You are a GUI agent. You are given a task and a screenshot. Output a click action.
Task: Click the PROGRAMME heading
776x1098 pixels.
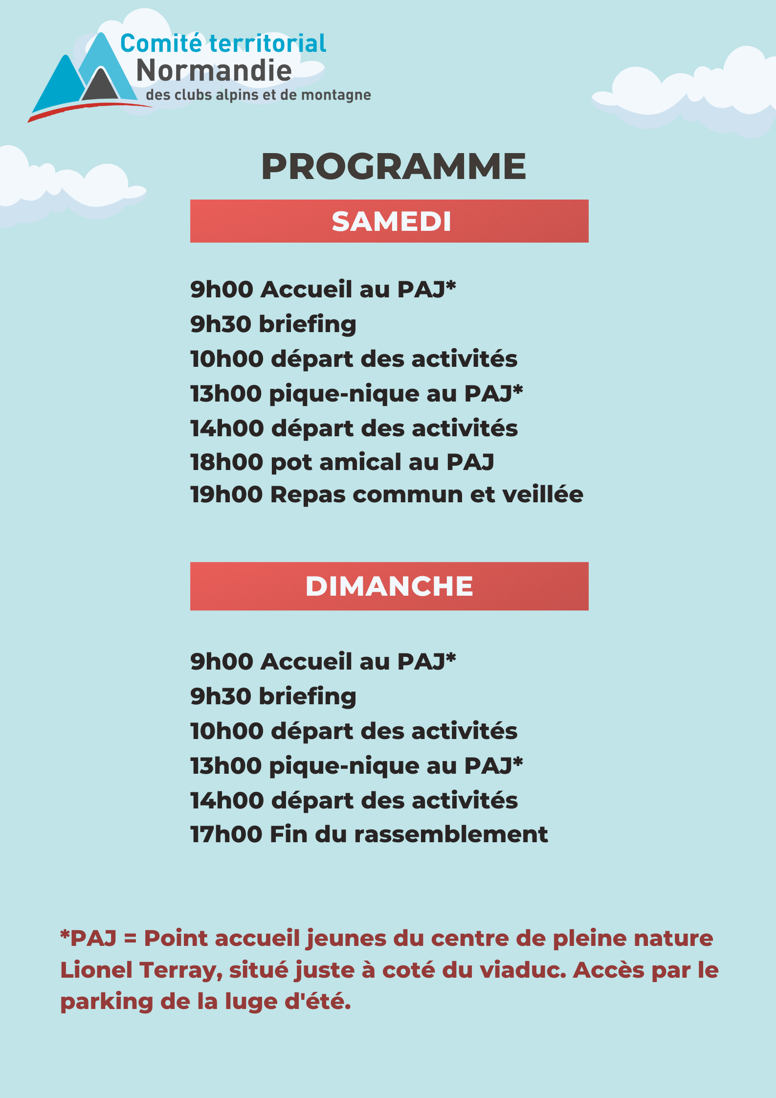coord(394,167)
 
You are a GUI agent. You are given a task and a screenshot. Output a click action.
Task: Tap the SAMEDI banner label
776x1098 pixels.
coord(391,222)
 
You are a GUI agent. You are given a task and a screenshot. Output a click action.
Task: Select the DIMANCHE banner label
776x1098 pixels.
coord(389,586)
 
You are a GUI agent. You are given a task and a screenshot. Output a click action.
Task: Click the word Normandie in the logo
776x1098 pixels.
coord(214,70)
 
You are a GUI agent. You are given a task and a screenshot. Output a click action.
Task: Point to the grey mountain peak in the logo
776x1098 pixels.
coord(101,86)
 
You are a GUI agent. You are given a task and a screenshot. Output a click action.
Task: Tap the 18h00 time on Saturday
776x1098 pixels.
coord(227,462)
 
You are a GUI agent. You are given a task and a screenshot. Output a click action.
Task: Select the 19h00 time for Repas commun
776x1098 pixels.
coord(227,494)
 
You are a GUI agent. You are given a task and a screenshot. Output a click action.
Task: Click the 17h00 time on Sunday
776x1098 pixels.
coord(226,834)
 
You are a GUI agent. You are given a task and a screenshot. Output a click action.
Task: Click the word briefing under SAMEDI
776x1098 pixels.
coord(308,325)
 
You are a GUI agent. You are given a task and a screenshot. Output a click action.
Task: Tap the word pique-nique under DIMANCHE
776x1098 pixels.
coord(344,766)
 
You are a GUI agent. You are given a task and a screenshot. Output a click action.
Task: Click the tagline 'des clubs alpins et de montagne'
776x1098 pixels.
coord(258,95)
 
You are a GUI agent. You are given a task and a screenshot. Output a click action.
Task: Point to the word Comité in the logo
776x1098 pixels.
coord(161,44)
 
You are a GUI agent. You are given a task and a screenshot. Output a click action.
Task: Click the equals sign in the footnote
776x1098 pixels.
coord(130,939)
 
